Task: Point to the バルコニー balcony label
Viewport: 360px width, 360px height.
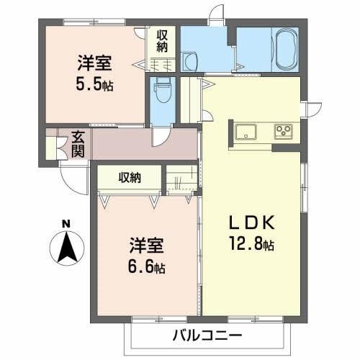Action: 207,336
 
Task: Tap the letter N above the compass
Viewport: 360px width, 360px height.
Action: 66,223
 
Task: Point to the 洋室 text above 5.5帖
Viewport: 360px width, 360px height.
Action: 94,63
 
